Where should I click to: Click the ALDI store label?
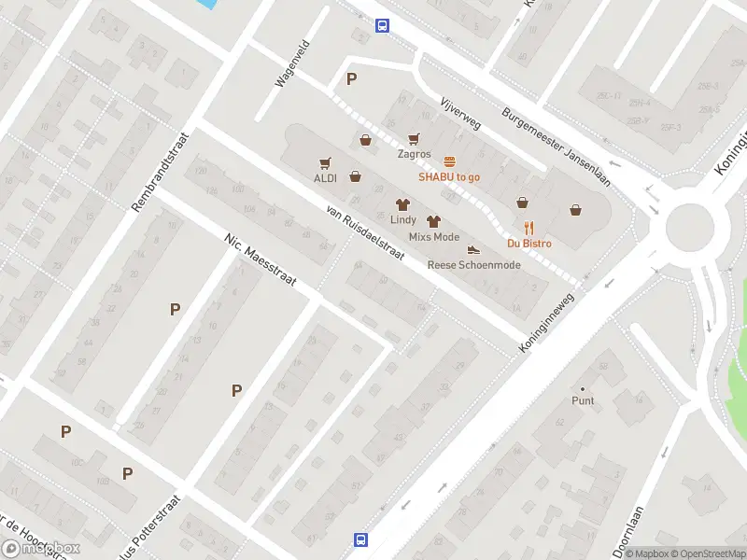(x=325, y=178)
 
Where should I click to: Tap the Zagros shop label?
(x=414, y=154)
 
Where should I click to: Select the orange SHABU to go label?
(x=449, y=176)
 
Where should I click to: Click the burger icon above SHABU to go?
(x=449, y=161)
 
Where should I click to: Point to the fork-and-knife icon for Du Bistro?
(x=529, y=228)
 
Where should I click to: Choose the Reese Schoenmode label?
(x=473, y=265)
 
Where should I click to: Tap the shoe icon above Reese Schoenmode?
(x=473, y=249)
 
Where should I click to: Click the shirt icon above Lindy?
(x=403, y=203)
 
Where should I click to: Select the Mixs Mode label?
(x=434, y=237)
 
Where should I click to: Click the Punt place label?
(x=583, y=400)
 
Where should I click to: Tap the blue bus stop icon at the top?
(x=382, y=26)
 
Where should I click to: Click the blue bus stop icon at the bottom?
(x=360, y=539)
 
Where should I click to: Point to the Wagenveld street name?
(x=291, y=63)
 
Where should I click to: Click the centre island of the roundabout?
(x=689, y=227)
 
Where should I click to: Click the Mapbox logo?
(x=41, y=549)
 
